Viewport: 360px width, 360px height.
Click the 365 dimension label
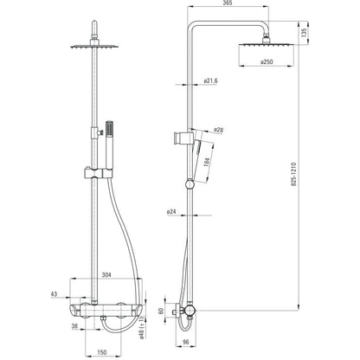click(228, 3)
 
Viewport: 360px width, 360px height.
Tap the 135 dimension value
click(304, 33)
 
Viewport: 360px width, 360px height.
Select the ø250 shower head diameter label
click(267, 61)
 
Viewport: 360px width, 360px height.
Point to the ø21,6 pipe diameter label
click(210, 80)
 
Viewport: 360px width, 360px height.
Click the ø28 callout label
click(218, 131)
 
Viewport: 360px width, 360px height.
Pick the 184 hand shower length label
click(207, 162)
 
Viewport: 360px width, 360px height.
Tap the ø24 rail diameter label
click(171, 212)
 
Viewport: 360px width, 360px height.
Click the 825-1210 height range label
click(293, 174)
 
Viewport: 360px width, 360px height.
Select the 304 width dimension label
click(106, 275)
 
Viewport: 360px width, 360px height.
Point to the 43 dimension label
click(54, 294)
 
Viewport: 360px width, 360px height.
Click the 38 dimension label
click(74, 326)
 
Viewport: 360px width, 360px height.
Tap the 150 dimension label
click(102, 352)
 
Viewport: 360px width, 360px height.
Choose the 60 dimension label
click(161, 311)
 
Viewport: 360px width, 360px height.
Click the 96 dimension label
click(186, 342)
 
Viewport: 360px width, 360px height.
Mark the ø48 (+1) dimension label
click(142, 328)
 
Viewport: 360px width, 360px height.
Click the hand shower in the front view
click(109, 145)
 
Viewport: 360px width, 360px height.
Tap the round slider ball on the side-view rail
click(190, 184)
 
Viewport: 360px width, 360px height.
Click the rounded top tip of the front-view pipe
click(94, 22)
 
